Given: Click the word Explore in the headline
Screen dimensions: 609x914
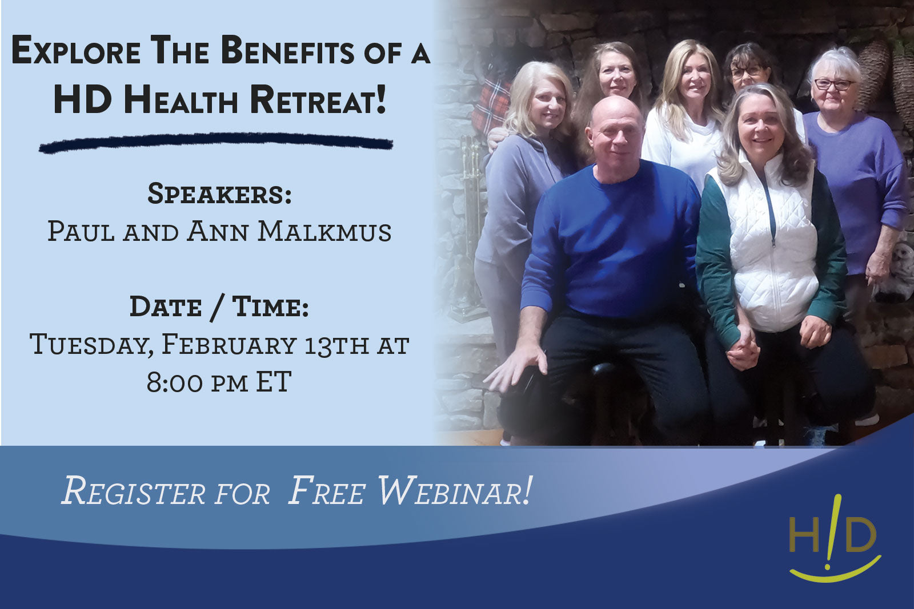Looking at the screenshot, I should click(x=76, y=51).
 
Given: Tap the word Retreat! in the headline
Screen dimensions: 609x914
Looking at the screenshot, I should click(x=319, y=99).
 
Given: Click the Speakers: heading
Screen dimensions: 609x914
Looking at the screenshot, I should click(x=219, y=194).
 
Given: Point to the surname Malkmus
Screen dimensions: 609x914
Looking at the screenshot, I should click(x=324, y=232).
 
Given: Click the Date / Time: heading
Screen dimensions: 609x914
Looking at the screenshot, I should click(x=219, y=307).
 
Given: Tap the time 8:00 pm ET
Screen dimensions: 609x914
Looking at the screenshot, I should click(x=219, y=382).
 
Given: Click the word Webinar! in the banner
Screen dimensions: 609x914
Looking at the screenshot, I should click(x=455, y=491).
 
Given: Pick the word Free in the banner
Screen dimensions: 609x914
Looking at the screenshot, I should click(x=327, y=491).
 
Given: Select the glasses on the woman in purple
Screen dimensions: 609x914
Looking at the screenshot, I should click(x=834, y=84).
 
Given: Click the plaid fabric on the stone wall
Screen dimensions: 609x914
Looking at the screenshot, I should click(x=491, y=103).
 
